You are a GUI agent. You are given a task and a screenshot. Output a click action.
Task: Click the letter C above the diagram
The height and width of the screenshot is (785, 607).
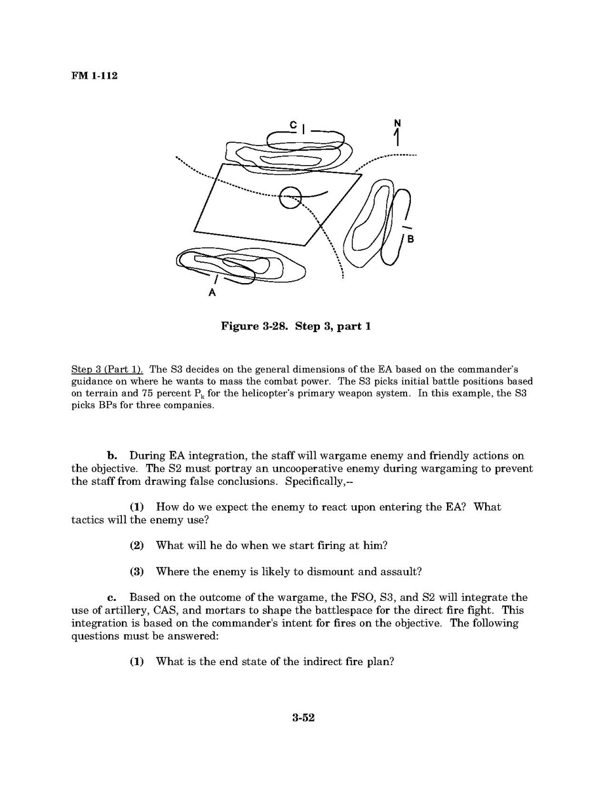tap(294, 125)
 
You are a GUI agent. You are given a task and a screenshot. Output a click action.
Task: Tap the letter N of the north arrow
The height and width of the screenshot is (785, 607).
tap(397, 123)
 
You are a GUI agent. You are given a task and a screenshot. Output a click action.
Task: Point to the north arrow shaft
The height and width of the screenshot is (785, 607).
tap(397, 138)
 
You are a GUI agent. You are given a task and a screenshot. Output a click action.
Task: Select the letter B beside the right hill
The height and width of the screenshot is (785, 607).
tap(410, 239)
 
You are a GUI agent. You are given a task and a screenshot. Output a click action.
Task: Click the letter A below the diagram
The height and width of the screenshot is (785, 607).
tap(212, 293)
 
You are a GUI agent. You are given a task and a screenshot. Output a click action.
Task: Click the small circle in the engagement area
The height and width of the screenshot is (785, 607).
tap(290, 196)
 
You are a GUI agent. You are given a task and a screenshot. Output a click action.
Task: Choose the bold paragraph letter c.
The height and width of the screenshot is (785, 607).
tap(112, 597)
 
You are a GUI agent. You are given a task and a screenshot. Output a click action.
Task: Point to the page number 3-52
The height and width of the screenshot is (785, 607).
tap(303, 718)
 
